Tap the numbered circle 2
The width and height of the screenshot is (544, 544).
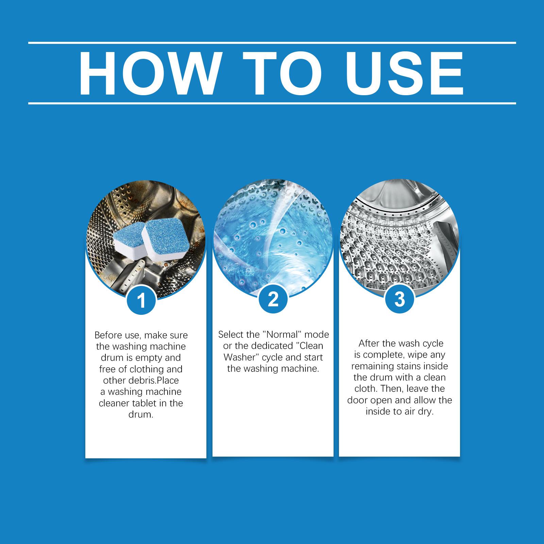click(273, 300)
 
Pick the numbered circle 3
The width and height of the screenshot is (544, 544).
click(400, 300)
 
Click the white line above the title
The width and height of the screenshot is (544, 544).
click(272, 43)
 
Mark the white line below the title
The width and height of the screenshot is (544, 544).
click(272, 103)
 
